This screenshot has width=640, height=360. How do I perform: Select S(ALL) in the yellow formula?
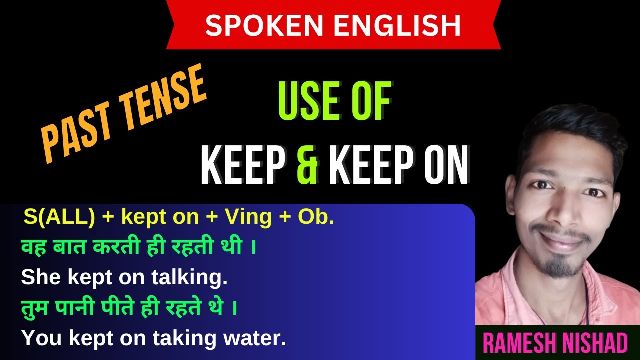point(59,218)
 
